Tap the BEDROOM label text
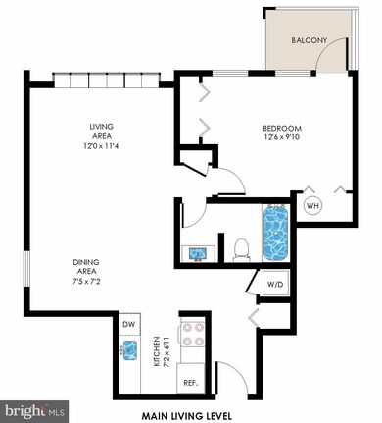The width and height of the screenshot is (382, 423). coord(281,129)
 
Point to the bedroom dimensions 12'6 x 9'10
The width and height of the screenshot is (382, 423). coord(281,139)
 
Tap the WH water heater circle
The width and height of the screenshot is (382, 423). coord(312,206)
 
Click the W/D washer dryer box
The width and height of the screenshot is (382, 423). coord(276,284)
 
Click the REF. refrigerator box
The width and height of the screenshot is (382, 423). coord(192,382)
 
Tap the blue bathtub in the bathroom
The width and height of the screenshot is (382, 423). coord(275,232)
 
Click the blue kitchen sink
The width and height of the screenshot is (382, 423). coord(127,349)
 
